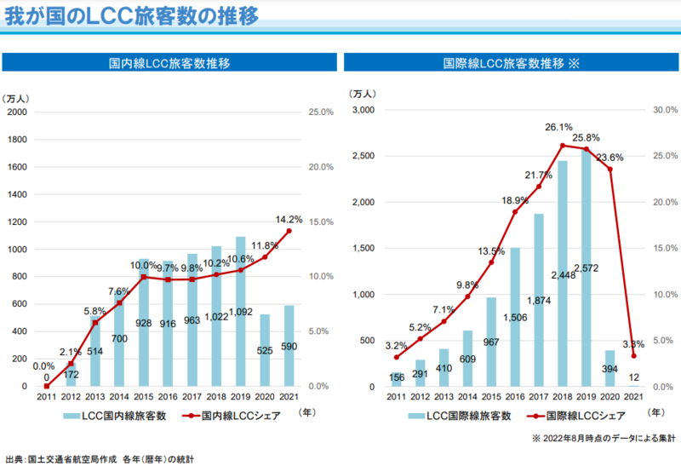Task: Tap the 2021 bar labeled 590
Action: pyautogui.click(x=289, y=346)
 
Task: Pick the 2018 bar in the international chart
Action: pyautogui.click(x=563, y=273)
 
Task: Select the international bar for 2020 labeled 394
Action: pyautogui.click(x=609, y=368)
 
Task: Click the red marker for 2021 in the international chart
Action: pyautogui.click(x=633, y=356)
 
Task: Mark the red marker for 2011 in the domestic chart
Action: pyautogui.click(x=46, y=386)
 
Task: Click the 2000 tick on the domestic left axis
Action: pyautogui.click(x=17, y=112)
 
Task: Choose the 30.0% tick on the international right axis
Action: pyautogui.click(x=664, y=110)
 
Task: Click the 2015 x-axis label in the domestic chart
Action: pyautogui.click(x=144, y=397)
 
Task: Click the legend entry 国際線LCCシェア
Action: pyautogui.click(x=583, y=416)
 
